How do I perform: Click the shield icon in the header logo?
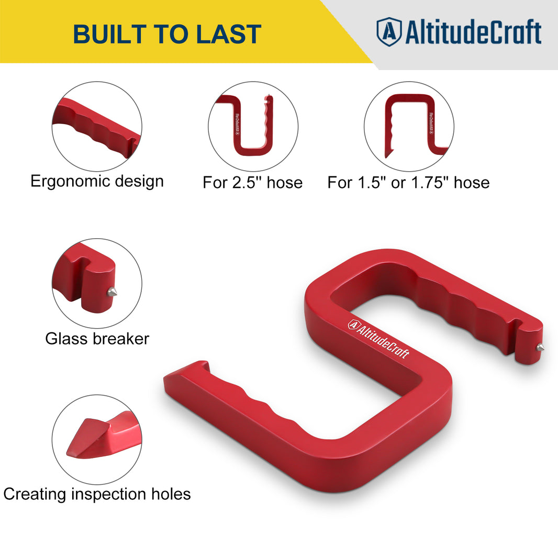pos(388,31)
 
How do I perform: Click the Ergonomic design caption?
pos(97,182)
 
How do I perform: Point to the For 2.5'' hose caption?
pos(253,183)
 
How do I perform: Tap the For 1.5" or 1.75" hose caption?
pos(408,183)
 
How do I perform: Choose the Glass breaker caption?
pos(97,339)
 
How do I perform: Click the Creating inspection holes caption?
pos(97,494)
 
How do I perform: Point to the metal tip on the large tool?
pos(539,347)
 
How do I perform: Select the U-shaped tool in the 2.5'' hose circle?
pos(253,128)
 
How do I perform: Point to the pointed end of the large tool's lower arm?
pos(173,378)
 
